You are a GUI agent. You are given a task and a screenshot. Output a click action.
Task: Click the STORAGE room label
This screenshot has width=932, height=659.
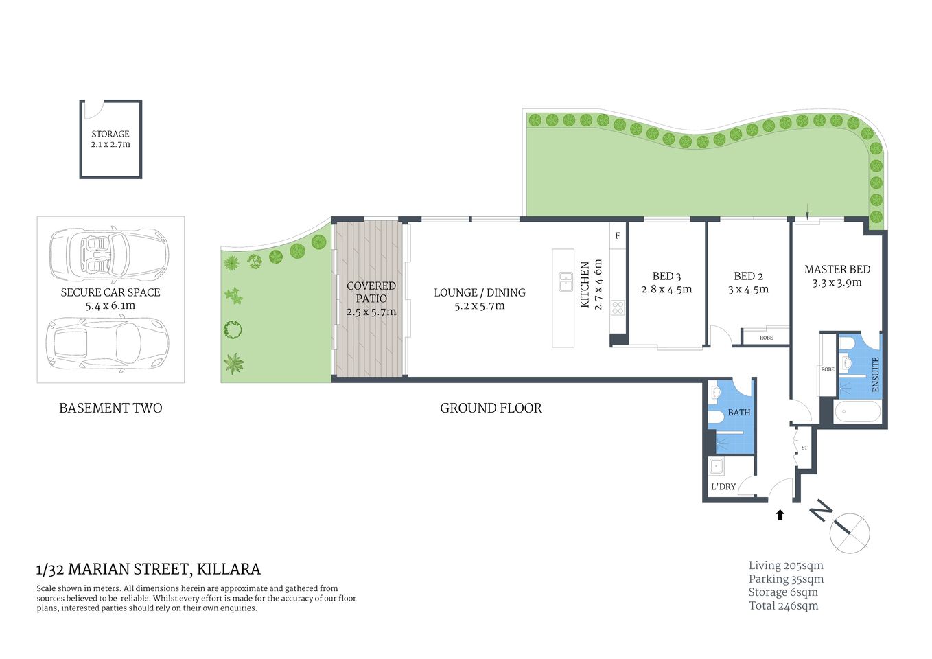tap(110, 134)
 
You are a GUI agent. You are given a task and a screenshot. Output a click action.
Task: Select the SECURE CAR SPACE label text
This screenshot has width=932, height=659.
tap(110, 292)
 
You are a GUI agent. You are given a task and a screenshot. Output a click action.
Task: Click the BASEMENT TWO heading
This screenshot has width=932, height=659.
tap(110, 408)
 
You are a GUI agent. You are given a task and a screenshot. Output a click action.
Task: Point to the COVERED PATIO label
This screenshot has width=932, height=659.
tap(371, 292)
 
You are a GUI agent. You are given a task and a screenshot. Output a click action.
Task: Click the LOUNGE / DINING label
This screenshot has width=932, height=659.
tap(480, 292)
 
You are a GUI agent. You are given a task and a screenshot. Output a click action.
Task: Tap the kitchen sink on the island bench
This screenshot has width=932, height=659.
tap(566, 281)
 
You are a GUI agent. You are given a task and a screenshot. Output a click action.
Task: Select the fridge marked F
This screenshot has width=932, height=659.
tap(618, 235)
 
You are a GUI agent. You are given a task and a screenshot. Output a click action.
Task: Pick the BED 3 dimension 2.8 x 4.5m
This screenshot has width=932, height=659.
tap(666, 290)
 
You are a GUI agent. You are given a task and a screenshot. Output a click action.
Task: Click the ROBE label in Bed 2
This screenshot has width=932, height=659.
tap(767, 338)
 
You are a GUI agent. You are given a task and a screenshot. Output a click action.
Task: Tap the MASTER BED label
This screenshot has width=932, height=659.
tap(837, 270)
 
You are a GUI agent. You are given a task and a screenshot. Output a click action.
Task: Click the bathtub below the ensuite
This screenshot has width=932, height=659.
tap(857, 413)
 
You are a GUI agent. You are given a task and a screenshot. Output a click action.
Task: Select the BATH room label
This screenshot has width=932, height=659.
tap(739, 413)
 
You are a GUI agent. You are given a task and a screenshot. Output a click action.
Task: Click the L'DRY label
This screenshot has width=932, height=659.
tap(723, 487)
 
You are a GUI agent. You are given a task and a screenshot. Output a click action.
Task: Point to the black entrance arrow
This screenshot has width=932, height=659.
tap(780, 515)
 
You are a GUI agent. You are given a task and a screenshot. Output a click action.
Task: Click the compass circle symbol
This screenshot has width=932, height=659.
tap(850, 533)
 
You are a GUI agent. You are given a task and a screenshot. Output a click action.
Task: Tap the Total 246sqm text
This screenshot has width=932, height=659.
tap(784, 605)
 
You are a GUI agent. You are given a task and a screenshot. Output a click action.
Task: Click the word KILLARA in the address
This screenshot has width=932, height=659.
tap(229, 569)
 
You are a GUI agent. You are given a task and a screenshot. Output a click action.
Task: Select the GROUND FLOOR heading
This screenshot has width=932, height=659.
tap(491, 408)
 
